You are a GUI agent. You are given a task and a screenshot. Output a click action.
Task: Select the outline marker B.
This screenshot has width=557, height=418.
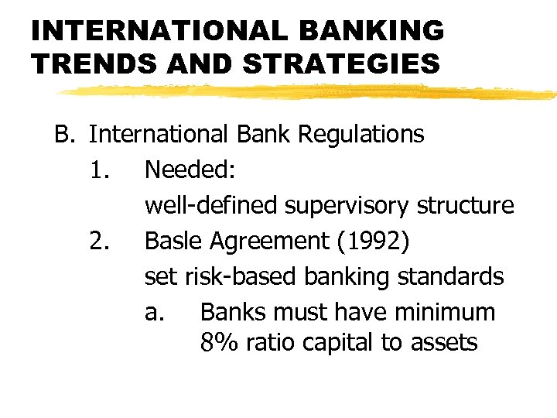(63, 135)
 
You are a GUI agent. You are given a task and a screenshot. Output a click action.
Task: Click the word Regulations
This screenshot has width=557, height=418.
(361, 135)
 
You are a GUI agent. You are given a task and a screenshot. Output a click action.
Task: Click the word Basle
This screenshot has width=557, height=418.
(169, 242)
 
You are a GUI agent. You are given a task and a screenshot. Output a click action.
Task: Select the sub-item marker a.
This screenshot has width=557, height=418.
(154, 313)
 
